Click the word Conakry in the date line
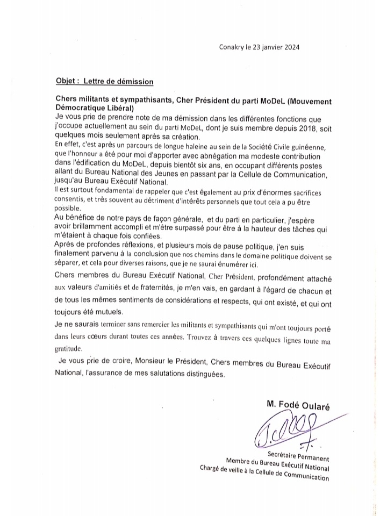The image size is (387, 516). tap(232, 47)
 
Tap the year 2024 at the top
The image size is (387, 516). tap(290, 47)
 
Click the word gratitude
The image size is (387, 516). tap(70, 348)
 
